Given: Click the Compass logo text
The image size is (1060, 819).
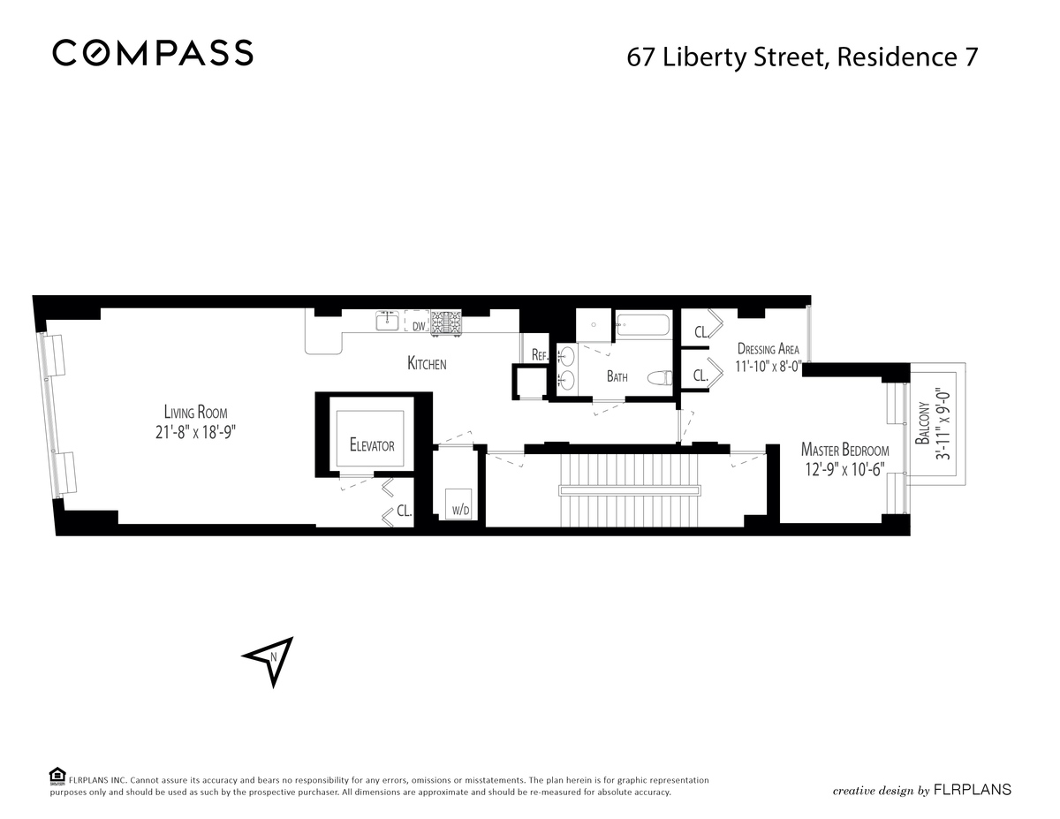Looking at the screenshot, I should point(153,53).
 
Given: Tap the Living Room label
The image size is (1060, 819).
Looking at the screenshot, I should point(201,412).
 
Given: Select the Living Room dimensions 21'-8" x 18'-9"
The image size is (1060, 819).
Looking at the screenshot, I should point(201,432).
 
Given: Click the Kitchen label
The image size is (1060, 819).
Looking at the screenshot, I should point(427,364).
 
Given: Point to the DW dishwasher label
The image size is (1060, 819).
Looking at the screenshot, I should point(419,327).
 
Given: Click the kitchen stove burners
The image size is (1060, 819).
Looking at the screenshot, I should point(446,322).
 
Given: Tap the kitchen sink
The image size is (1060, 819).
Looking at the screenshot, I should point(387,322).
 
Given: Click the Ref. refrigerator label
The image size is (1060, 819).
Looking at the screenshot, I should point(540,354).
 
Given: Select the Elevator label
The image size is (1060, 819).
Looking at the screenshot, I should point(371,446).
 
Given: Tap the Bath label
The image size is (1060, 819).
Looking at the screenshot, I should point(617,377).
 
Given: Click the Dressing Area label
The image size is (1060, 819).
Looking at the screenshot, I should point(768,349).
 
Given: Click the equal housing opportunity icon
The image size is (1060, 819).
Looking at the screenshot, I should point(57,775).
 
